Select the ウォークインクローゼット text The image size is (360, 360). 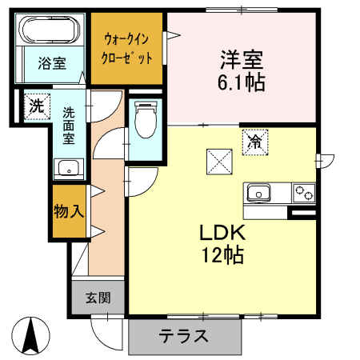[127, 49]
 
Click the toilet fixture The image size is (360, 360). [145, 120]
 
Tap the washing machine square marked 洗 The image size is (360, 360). [35, 106]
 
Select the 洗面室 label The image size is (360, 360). [70, 126]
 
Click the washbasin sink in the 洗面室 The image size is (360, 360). [66, 169]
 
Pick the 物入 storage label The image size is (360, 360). [69, 211]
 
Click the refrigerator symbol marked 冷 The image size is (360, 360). [255, 142]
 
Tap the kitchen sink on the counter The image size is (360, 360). [260, 193]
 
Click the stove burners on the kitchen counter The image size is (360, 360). [304, 193]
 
